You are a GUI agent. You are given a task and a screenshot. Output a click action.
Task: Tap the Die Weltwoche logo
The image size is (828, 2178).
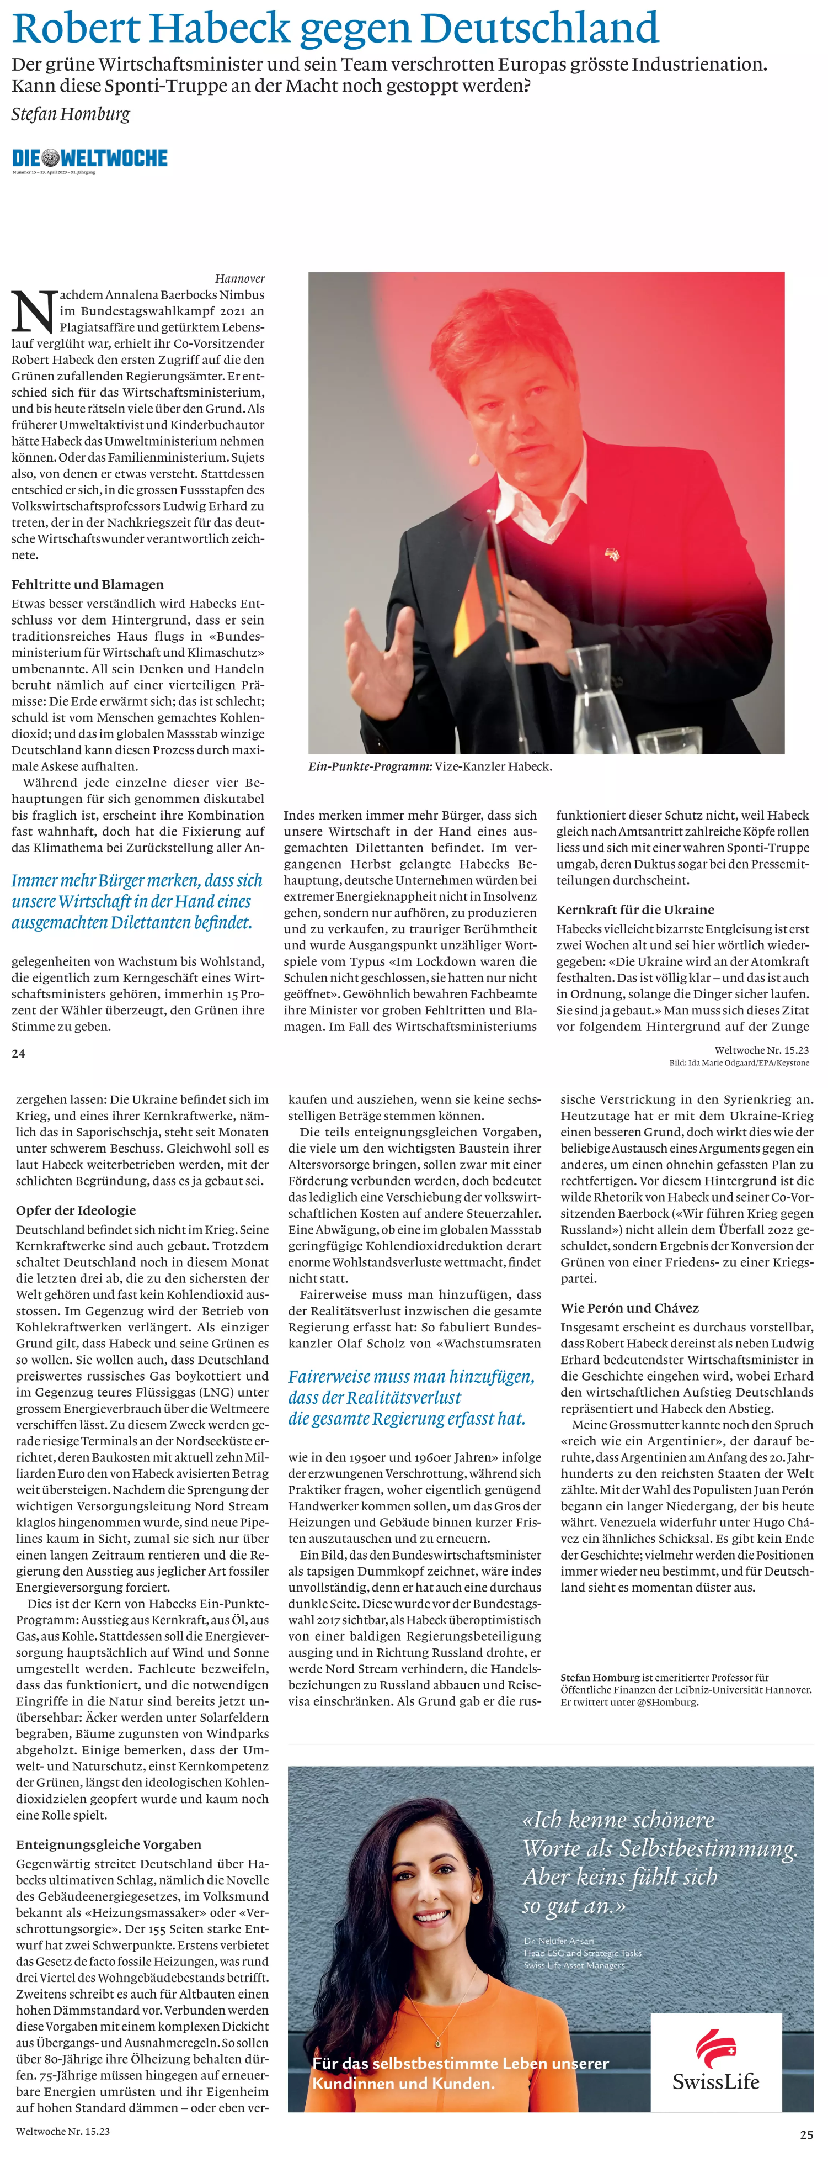click(x=89, y=158)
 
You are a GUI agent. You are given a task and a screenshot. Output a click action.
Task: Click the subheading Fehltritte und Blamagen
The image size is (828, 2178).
click(x=88, y=584)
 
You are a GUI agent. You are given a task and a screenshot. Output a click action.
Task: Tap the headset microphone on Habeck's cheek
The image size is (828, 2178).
click(x=473, y=460)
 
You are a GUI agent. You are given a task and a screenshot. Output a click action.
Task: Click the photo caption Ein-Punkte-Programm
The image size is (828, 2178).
click(x=369, y=766)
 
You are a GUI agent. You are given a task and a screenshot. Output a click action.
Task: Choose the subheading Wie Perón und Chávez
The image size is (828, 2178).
click(x=629, y=1308)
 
